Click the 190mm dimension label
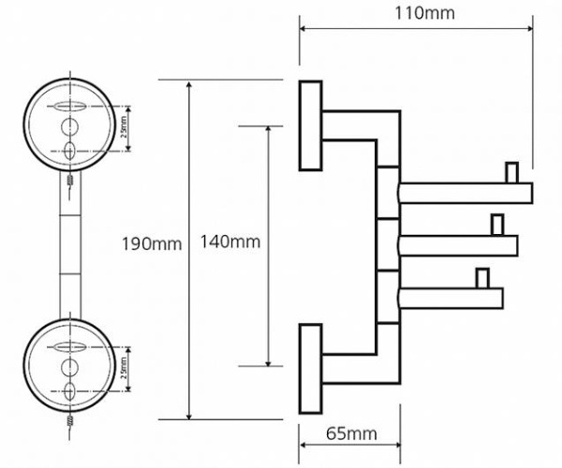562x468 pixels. (x=151, y=244)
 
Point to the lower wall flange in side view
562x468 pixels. (x=310, y=368)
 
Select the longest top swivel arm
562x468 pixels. (x=466, y=194)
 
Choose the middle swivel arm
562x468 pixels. (x=459, y=246)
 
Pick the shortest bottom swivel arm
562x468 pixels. (x=452, y=299)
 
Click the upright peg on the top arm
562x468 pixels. (x=510, y=173)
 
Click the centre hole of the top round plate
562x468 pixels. (x=69, y=127)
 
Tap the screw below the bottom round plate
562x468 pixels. (x=70, y=423)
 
